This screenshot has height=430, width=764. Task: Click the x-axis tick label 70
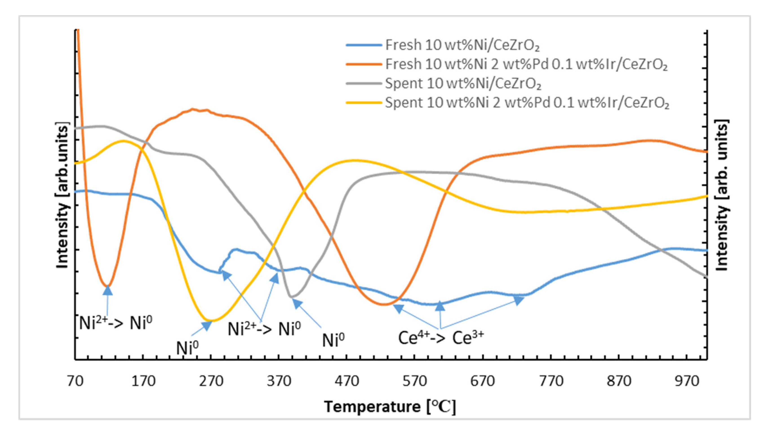[x=75, y=381]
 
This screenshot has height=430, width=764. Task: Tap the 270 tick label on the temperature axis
[x=211, y=381]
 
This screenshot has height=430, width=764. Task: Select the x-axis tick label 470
[x=347, y=381]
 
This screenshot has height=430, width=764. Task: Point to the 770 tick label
[x=551, y=381]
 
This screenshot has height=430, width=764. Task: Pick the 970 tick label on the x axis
[x=687, y=381]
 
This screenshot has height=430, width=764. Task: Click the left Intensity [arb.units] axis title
[x=62, y=195]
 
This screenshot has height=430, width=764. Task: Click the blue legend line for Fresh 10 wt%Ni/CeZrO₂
[x=364, y=45]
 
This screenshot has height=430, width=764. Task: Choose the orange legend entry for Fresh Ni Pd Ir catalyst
[x=364, y=64]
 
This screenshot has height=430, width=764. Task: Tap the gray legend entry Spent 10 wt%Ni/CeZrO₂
[x=364, y=83]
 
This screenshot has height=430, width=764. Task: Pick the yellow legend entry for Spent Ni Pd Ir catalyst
[x=364, y=103]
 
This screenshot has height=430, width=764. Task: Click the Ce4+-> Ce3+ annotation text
[x=441, y=338]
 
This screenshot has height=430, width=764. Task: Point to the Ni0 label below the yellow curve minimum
[x=187, y=347]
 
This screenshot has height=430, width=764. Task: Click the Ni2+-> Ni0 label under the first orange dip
[x=116, y=323]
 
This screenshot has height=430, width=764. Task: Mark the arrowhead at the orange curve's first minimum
[x=108, y=290]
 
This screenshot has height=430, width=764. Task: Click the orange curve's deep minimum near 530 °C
[x=384, y=304]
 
